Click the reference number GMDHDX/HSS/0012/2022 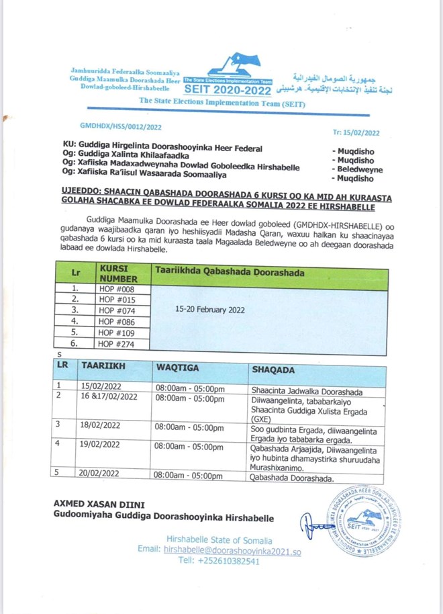121,126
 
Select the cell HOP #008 117,290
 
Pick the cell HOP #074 117,310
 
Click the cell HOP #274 117,343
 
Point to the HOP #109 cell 117,333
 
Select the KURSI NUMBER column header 119,273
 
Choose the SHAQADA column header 274,369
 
